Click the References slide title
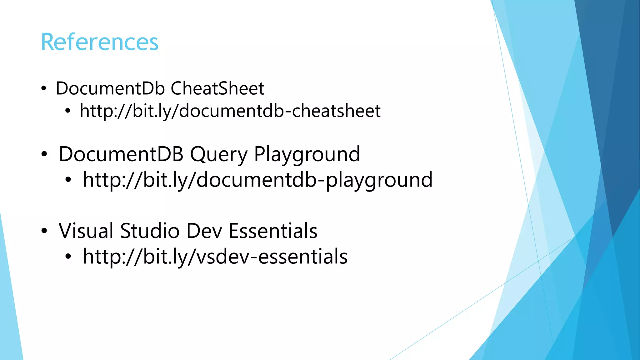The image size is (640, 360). [100, 42]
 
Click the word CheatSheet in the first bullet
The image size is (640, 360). [217, 88]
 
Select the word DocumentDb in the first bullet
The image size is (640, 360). [110, 88]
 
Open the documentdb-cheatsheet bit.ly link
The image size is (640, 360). [230, 111]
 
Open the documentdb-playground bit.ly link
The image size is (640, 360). [257, 180]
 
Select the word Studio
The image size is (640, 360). [150, 231]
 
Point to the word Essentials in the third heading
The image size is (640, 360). [273, 231]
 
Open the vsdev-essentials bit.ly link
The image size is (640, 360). [215, 257]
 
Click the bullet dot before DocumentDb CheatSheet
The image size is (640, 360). [44, 89]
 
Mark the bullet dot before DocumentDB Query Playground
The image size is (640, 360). [44, 154]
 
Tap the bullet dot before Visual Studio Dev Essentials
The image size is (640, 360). [44, 231]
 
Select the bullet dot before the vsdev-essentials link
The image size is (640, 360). [68, 257]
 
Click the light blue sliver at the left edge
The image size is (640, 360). [9, 312]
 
